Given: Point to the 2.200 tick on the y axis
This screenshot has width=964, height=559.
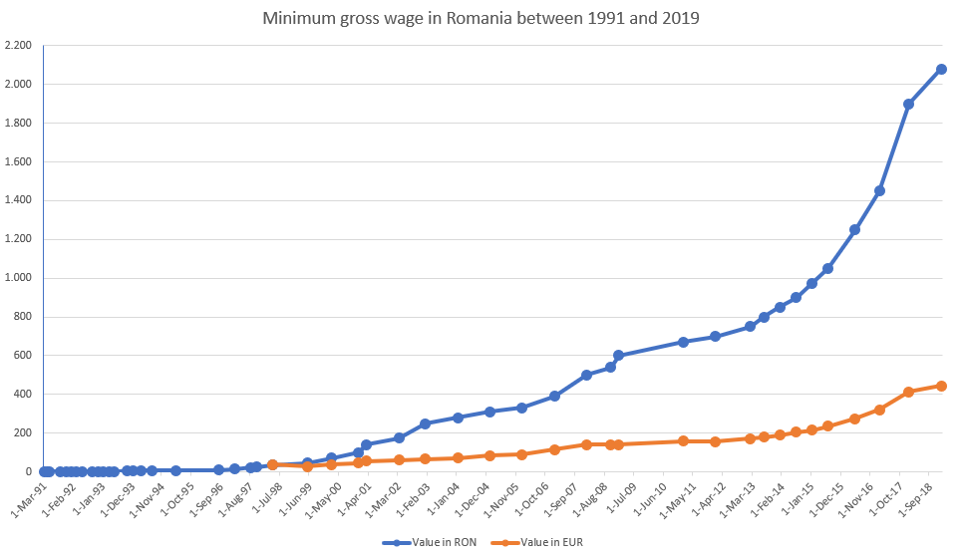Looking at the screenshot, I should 18,46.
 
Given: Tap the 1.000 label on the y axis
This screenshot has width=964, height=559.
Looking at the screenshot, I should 18,278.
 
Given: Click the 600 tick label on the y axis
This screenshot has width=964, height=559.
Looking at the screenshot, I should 24,356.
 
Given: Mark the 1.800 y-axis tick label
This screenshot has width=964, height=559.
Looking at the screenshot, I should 18,124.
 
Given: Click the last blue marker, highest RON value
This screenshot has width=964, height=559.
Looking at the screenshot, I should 941,70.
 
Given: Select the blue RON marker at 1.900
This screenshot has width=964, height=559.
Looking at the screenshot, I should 908,104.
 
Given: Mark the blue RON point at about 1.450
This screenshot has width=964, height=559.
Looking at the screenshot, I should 879,190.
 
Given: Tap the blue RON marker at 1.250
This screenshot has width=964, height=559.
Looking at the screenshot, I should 854,229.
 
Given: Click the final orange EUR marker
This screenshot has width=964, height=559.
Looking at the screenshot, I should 941,386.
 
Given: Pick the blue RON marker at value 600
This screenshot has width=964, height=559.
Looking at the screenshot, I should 618,355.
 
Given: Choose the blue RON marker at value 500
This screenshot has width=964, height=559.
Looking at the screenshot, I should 586,375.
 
